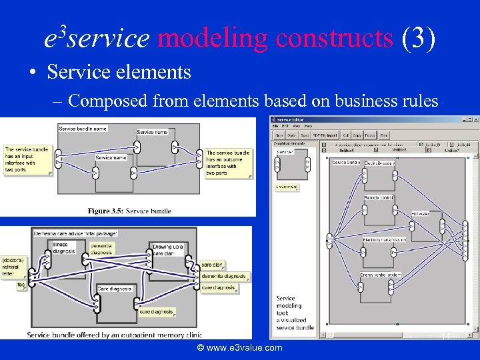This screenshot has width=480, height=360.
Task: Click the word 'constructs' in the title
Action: click(x=334, y=39)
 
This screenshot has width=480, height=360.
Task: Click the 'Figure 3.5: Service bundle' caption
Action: click(x=129, y=211)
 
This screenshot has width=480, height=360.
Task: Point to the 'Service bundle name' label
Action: click(x=83, y=128)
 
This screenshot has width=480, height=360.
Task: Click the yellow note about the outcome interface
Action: click(x=228, y=163)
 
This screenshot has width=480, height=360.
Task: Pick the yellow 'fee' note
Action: click(x=21, y=285)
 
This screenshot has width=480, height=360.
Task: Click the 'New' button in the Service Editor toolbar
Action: click(x=280, y=135)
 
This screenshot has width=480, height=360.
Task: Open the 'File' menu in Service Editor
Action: click(x=275, y=126)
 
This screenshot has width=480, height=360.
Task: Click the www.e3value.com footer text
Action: click(x=239, y=348)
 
